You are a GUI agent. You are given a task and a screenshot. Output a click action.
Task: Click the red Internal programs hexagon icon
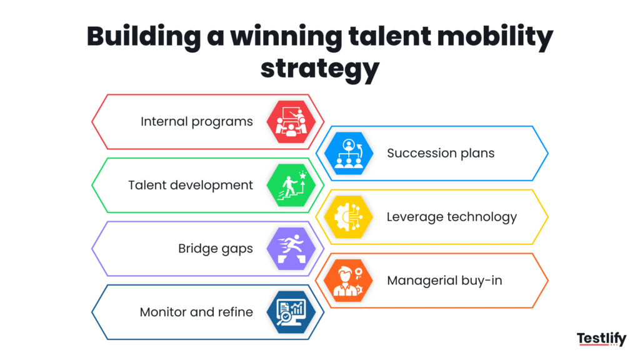tap(289, 121)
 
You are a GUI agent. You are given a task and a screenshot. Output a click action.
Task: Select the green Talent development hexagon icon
tap(289, 185)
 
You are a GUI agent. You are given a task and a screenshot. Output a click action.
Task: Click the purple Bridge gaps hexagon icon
tap(289, 249)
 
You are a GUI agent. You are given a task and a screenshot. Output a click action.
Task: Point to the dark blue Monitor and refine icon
tap(289, 312)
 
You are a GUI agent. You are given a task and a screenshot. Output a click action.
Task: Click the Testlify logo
tap(601, 339)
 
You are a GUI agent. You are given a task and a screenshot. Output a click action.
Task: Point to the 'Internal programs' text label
tap(196, 121)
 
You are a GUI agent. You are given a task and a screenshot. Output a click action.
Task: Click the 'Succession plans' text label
tap(441, 153)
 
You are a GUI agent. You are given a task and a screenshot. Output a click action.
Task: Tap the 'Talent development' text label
tap(191, 185)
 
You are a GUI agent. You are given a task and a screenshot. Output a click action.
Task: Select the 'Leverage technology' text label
tap(451, 217)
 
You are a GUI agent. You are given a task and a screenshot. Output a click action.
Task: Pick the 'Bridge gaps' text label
tap(216, 249)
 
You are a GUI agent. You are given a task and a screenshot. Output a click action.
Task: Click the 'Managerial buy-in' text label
tap(444, 281)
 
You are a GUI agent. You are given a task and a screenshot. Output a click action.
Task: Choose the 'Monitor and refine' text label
tap(196, 312)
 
